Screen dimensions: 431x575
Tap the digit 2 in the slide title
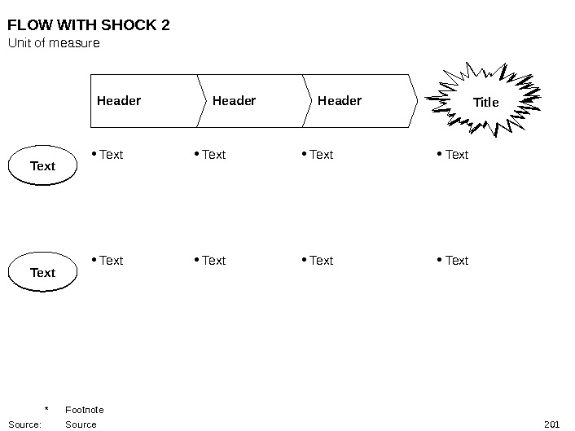[166, 25]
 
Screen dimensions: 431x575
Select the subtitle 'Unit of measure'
[54, 42]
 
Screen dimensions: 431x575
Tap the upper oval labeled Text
[42, 166]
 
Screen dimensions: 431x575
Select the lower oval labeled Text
[42, 273]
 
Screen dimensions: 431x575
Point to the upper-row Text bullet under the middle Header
[213, 155]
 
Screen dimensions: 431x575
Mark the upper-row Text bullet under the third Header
[321, 155]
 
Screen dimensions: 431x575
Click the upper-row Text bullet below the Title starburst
[457, 155]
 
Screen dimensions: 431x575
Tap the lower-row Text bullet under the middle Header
[213, 261]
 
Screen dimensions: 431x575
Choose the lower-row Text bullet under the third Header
[321, 261]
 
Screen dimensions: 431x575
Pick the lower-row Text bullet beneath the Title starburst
[457, 261]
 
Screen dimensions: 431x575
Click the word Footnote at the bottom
[84, 410]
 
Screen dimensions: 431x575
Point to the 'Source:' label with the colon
[24, 424]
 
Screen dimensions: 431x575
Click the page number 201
[551, 424]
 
